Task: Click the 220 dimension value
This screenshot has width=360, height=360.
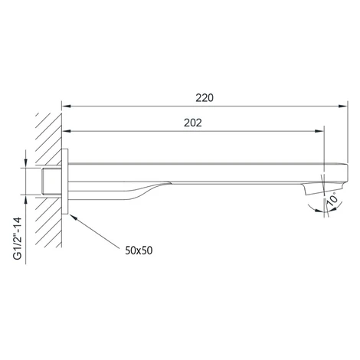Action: (x=205, y=98)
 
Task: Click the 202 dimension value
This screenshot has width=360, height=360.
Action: (x=193, y=123)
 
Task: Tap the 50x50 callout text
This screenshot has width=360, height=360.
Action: (x=139, y=250)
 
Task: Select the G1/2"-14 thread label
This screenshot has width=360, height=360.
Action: (x=18, y=238)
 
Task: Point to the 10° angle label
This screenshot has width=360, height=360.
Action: (x=332, y=201)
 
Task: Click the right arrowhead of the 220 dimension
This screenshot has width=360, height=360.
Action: (x=343, y=106)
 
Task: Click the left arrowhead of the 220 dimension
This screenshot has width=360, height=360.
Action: (x=67, y=106)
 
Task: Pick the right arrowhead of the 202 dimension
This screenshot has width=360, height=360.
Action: (x=319, y=131)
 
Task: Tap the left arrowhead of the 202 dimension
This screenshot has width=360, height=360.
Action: (x=67, y=131)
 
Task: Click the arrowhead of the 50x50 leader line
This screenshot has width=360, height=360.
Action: (x=73, y=218)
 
